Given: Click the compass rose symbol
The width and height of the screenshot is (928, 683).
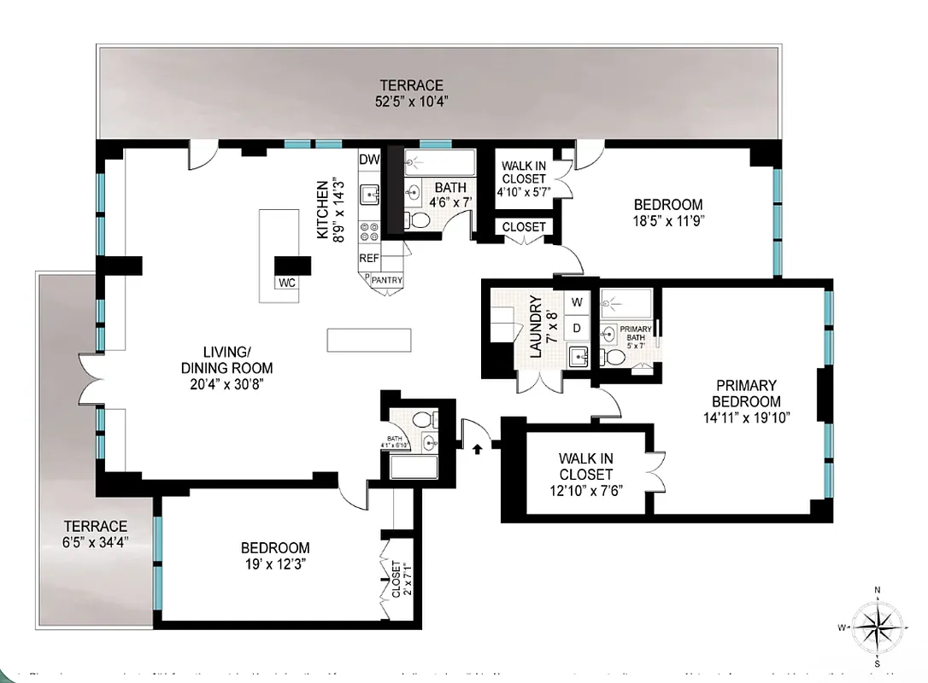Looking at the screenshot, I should (x=877, y=628).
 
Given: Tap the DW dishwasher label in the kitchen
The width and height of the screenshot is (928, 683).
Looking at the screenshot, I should (x=369, y=160).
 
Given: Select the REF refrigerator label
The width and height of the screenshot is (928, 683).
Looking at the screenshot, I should (x=369, y=258).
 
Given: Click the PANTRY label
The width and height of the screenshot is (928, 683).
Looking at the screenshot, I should (x=386, y=280).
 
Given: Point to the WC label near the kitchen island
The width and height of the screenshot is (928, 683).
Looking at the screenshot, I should (x=286, y=283).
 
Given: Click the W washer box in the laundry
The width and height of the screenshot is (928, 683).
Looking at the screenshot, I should (x=577, y=301).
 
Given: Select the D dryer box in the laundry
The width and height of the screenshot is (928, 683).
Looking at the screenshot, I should (x=577, y=328).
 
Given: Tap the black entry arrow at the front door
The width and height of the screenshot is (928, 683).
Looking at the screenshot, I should (x=478, y=445).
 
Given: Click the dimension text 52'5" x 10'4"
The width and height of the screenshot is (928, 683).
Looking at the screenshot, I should (x=412, y=102).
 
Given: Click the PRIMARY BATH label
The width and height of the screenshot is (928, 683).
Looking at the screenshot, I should (x=636, y=334).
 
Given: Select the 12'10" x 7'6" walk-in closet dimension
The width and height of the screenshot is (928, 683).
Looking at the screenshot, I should (x=586, y=490).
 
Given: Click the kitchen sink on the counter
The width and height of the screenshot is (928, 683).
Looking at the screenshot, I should (x=369, y=196).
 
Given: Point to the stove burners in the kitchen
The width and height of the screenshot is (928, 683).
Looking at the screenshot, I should (x=369, y=231).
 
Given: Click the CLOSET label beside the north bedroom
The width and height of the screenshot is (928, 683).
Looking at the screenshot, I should (x=523, y=227).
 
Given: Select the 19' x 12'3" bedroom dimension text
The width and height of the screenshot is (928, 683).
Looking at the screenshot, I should (x=274, y=564).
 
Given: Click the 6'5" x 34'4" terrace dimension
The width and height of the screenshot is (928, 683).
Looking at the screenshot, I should (x=95, y=543).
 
